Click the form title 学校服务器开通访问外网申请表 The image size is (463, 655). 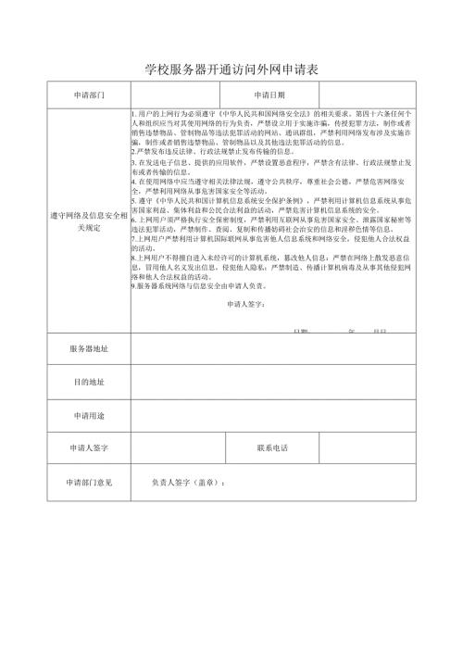point(231,69)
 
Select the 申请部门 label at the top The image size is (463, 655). point(88,94)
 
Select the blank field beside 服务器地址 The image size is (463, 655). point(273,349)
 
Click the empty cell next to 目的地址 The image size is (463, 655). point(273,382)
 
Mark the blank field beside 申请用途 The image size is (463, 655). point(273,414)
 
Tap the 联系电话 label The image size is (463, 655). point(274,447)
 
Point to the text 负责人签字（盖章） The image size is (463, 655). point(189,482)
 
